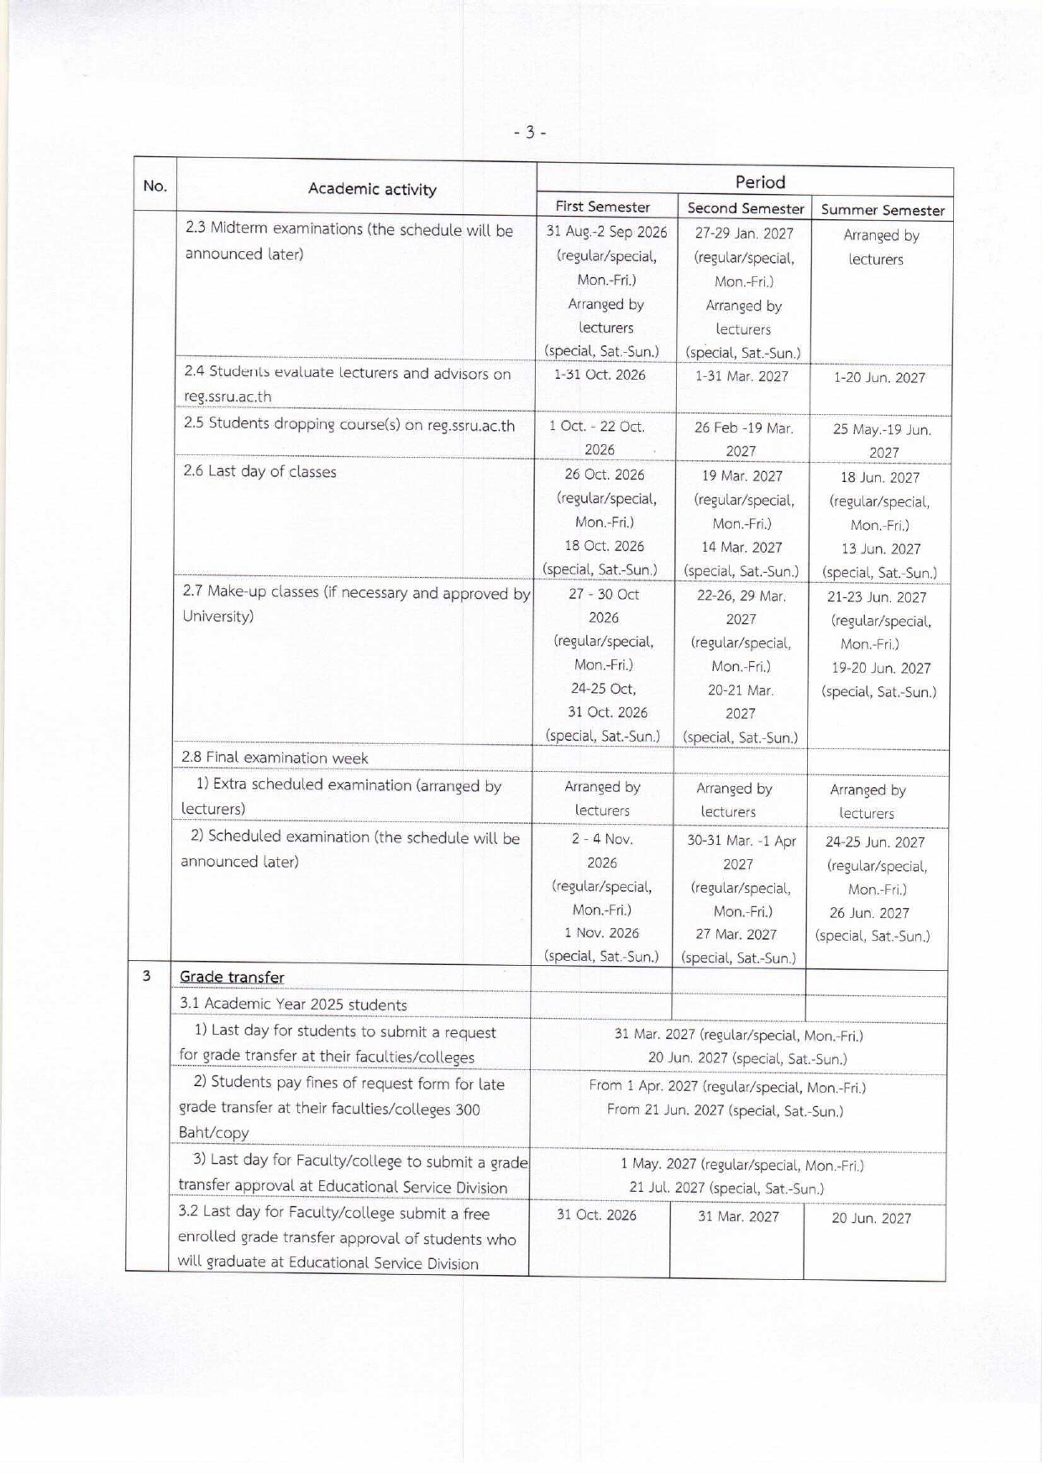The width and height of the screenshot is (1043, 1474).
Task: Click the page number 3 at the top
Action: (530, 132)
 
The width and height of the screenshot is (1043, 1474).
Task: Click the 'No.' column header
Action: (155, 186)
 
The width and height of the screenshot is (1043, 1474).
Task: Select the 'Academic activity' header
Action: (372, 189)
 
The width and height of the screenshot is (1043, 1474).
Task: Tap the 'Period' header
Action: (760, 182)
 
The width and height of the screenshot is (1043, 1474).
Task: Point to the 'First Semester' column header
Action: (602, 207)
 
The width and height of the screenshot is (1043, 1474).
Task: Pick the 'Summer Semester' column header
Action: (883, 210)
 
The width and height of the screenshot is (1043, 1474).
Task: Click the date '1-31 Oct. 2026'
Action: (600, 375)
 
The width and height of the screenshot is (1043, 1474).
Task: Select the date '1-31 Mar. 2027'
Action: (742, 376)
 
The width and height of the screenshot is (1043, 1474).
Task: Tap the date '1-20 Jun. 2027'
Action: (879, 378)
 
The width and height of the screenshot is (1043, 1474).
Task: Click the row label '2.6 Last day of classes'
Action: (260, 471)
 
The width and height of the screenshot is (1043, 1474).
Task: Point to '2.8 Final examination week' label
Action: (275, 758)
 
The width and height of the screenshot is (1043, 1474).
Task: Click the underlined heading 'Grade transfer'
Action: (232, 977)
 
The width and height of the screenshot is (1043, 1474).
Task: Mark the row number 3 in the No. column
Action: (147, 976)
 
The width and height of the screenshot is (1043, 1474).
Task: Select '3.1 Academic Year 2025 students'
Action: (293, 1005)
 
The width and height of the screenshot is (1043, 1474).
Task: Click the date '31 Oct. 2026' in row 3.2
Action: (596, 1215)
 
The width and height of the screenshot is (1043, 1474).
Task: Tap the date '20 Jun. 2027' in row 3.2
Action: (871, 1219)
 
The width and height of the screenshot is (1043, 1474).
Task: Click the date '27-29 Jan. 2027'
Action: (744, 233)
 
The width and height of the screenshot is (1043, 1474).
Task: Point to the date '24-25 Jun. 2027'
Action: (875, 842)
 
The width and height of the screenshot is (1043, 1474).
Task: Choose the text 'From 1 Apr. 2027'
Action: (643, 1086)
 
